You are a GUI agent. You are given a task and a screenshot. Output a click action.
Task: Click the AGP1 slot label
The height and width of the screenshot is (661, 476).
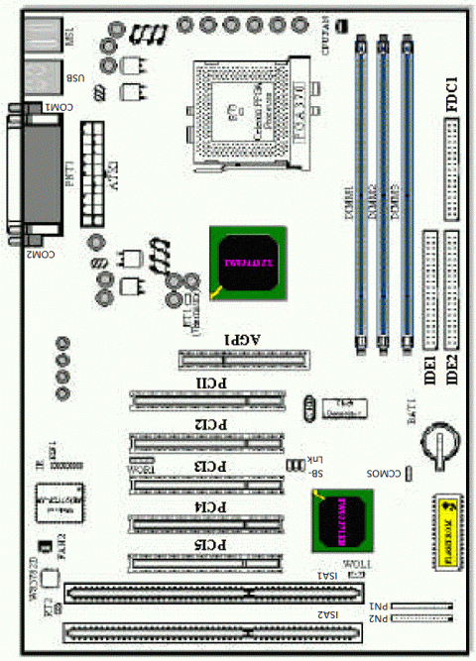coord(244,338)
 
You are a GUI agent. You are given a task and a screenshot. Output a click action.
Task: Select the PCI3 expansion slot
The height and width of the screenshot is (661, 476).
coord(203,482)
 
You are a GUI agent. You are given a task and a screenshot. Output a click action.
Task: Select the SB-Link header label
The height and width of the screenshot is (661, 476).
coord(314,466)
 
